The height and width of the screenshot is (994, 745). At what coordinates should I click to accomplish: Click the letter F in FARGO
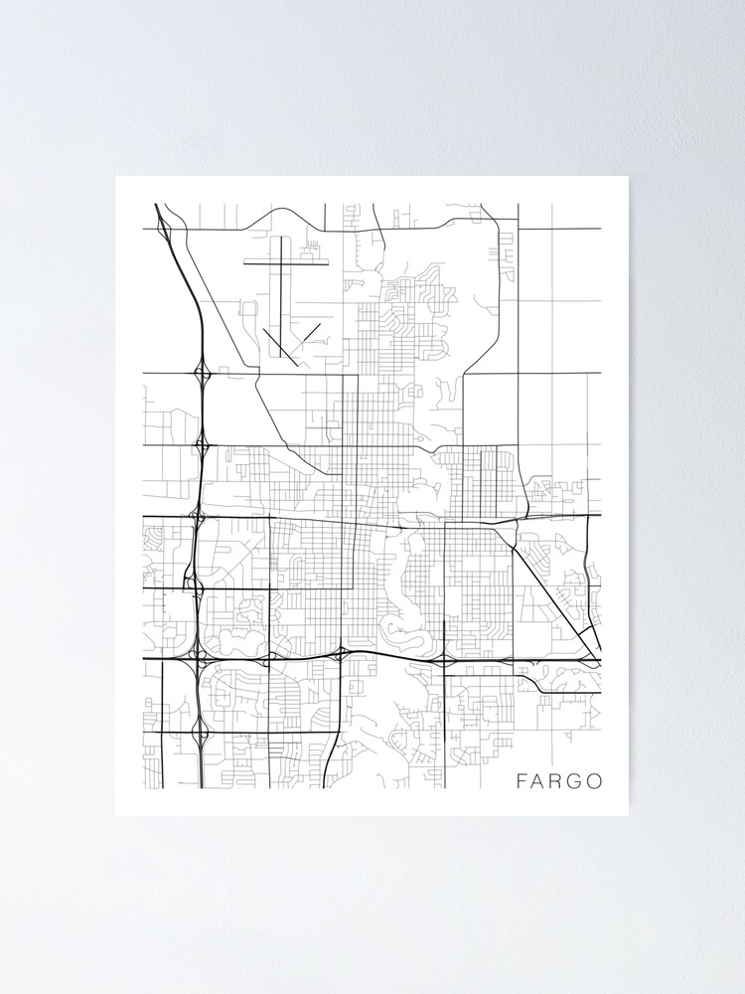point(521,781)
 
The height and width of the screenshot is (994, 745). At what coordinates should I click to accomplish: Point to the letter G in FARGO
point(575,781)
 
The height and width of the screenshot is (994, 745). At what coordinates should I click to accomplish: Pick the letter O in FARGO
point(594,781)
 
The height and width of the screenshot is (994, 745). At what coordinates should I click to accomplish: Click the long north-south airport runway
point(281,293)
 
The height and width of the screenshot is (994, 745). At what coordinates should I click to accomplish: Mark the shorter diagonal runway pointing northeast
point(309,334)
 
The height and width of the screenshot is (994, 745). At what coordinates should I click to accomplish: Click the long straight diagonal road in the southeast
point(551,596)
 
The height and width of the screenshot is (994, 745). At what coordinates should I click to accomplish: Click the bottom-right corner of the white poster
point(629,815)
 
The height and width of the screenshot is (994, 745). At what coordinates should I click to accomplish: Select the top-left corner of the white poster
point(116,177)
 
